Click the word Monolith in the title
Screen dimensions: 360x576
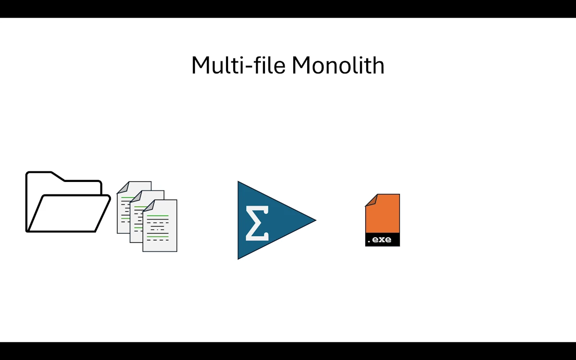pyautogui.click(x=338, y=65)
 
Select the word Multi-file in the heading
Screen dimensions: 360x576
pyautogui.click(x=239, y=65)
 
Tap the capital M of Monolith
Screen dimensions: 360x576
pyautogui.click(x=301, y=65)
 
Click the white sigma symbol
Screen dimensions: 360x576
pyautogui.click(x=257, y=223)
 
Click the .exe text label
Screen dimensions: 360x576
pyautogui.click(x=379, y=240)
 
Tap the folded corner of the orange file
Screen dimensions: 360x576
pyautogui.click(x=371, y=200)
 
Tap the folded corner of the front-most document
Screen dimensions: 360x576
pyautogui.click(x=148, y=205)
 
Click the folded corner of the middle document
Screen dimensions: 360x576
pyautogui.click(x=135, y=196)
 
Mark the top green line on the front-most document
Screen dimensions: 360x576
pyautogui.click(x=158, y=216)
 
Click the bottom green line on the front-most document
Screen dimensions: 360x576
pyautogui.click(x=158, y=237)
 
